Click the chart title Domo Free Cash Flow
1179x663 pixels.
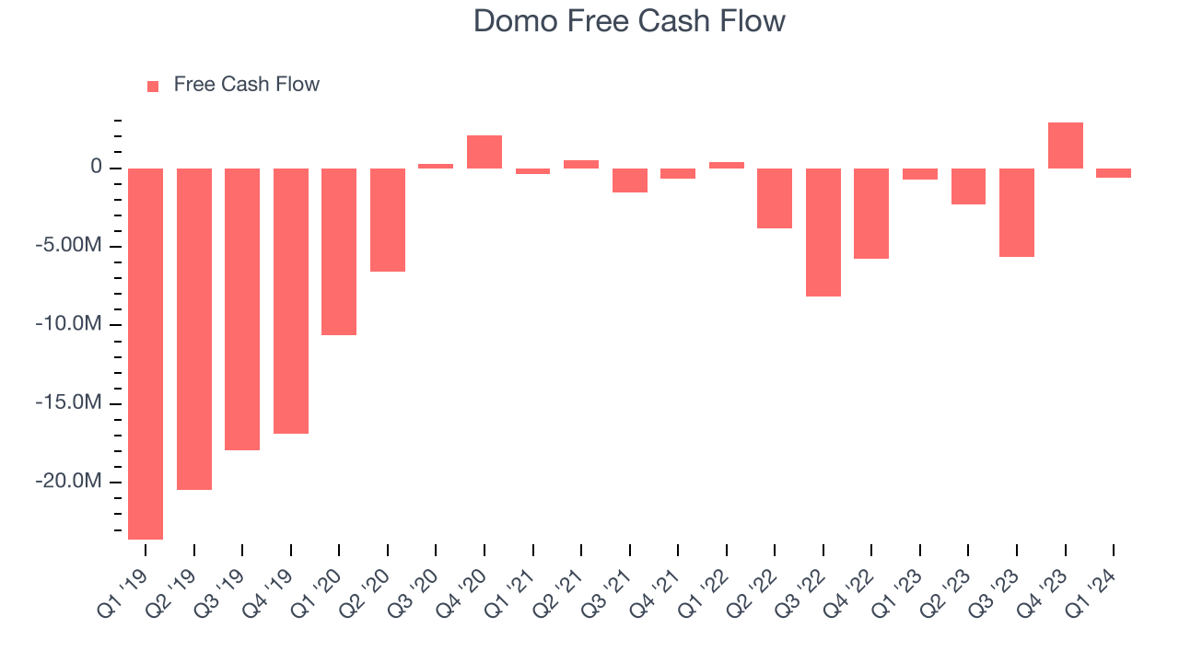pyautogui.click(x=629, y=21)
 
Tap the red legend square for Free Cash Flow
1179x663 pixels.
pyautogui.click(x=153, y=87)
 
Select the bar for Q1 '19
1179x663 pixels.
pyautogui.click(x=146, y=354)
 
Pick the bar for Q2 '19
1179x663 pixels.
pyautogui.click(x=194, y=329)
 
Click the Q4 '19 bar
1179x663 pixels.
pyautogui.click(x=291, y=300)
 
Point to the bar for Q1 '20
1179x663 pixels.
pyautogui.click(x=339, y=251)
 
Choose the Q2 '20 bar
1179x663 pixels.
pyautogui.click(x=388, y=220)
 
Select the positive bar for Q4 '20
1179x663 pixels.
pyautogui.click(x=484, y=152)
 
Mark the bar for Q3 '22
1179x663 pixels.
pyautogui.click(x=823, y=232)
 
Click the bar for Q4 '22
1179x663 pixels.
pyautogui.click(x=871, y=214)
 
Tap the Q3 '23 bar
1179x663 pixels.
pyautogui.click(x=1017, y=213)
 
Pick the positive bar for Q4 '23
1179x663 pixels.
pyautogui.click(x=1066, y=145)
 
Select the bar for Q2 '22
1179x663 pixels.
pyautogui.click(x=775, y=198)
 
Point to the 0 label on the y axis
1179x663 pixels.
pyautogui.click(x=96, y=168)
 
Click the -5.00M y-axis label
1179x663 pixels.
pyautogui.click(x=70, y=246)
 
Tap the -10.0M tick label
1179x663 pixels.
pyautogui.click(x=70, y=325)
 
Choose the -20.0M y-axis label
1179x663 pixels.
pyautogui.click(x=70, y=482)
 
